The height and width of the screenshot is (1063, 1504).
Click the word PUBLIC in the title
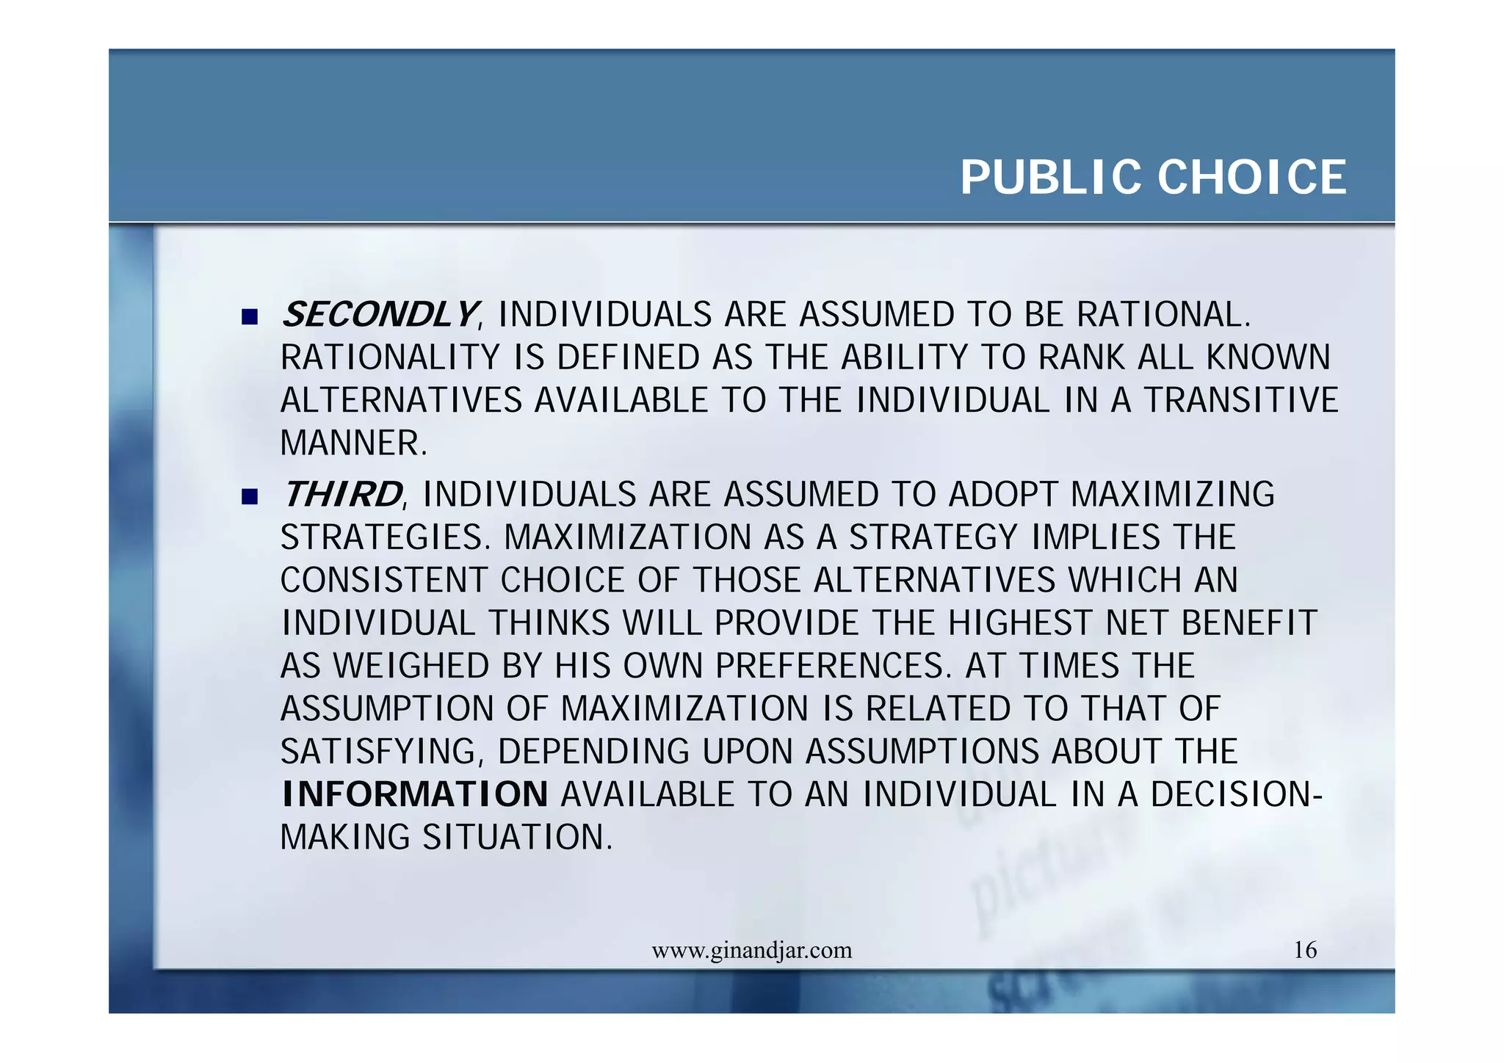(1050, 178)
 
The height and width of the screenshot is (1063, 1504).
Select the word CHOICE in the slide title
(1251, 178)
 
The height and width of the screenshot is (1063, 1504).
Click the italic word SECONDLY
(379, 315)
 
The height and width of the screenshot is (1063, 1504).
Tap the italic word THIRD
(342, 494)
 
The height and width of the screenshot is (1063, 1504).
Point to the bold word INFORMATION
(415, 794)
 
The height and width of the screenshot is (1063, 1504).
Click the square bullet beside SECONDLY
(250, 317)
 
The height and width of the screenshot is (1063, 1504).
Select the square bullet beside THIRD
(250, 497)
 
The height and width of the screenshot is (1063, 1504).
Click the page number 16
(1304, 950)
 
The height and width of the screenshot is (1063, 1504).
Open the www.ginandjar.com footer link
(751, 951)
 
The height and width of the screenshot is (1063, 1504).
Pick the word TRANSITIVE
(1241, 401)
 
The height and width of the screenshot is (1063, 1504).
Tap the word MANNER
(353, 443)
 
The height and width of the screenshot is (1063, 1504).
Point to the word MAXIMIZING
(1172, 494)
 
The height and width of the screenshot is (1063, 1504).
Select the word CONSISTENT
(383, 580)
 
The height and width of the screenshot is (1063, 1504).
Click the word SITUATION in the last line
(517, 838)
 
